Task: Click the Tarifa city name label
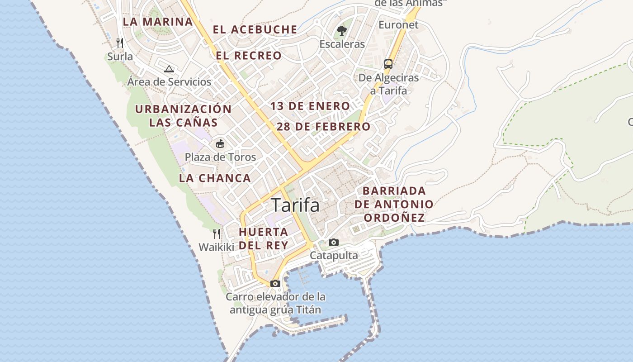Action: (295, 205)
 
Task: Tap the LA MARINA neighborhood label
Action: (158, 22)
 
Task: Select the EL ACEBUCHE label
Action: (255, 30)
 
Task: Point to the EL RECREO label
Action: (249, 56)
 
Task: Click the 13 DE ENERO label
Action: (310, 106)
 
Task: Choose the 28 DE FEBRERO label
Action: (323, 127)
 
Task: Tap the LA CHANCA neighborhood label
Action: (215, 178)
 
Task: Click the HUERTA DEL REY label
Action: (263, 238)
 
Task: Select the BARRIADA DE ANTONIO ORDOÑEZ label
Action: (394, 205)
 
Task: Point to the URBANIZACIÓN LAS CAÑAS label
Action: (183, 116)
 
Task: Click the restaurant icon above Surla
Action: (120, 43)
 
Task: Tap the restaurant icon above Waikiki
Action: (217, 233)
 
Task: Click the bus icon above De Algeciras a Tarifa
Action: (388, 64)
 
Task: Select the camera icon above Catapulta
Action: (334, 243)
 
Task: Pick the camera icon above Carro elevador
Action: (275, 284)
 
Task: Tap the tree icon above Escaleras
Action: (342, 31)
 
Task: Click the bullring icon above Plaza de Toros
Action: (220, 144)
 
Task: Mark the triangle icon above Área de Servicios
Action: (169, 69)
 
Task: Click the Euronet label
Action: (398, 24)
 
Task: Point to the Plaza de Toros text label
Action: (220, 157)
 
